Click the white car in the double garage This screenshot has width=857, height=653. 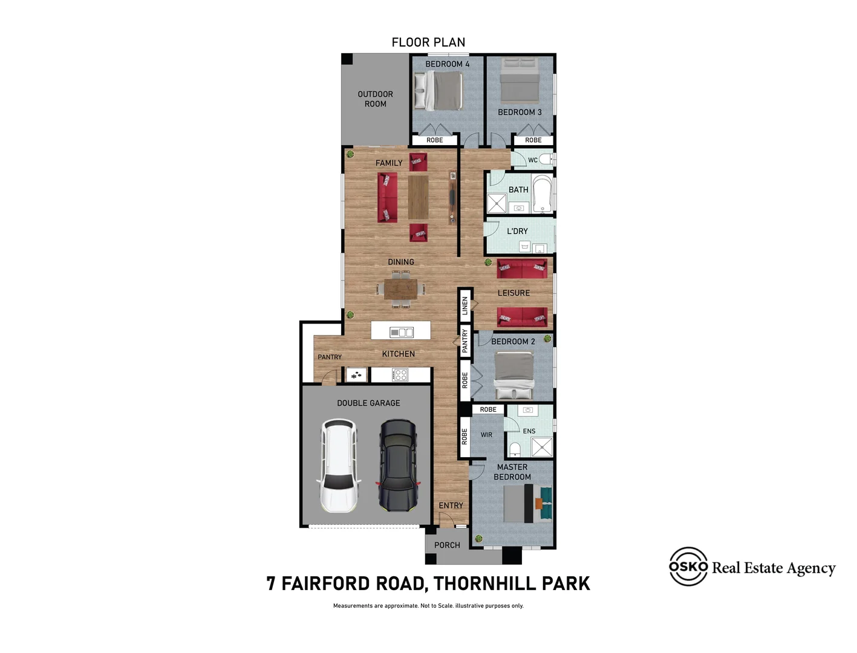(338, 465)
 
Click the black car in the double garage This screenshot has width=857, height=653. (397, 465)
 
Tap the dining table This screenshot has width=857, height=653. (400, 289)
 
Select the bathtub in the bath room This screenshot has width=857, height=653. (542, 194)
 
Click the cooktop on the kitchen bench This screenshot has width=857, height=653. (400, 375)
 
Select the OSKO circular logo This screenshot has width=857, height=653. (688, 566)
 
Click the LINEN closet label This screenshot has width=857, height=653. (464, 305)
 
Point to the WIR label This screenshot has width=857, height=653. (486, 434)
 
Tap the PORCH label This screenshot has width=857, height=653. (447, 545)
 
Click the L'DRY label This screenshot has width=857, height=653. (517, 231)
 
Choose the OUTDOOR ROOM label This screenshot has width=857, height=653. (375, 99)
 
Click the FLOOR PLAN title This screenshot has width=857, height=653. (428, 42)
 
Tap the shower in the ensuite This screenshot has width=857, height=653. (542, 447)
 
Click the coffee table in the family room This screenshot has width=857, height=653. (418, 197)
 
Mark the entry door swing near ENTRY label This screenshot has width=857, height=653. (446, 519)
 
